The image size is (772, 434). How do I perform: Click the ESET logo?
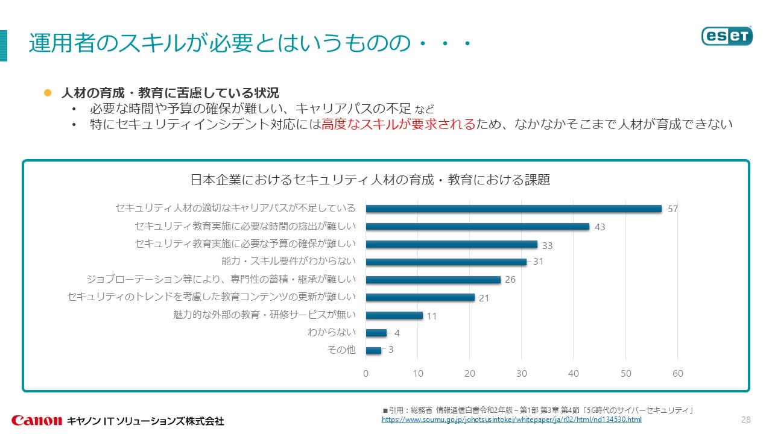click(727, 36)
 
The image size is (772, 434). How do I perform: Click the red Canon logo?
click(37, 420)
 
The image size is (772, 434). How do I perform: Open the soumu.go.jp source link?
click(511, 420)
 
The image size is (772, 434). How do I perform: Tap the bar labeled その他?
click(373, 350)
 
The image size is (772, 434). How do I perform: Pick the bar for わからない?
click(376, 332)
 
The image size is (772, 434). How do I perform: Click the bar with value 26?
click(433, 280)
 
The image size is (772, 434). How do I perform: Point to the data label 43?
click(600, 227)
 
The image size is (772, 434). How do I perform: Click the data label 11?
click(432, 315)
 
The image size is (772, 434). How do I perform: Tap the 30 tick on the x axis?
click(522, 374)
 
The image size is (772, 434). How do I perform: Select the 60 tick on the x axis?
click(678, 374)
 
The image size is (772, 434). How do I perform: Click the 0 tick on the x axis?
click(365, 374)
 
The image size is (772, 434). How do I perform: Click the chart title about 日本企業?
click(370, 180)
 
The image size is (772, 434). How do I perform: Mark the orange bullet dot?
click(48, 93)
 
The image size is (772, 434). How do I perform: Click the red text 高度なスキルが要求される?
click(399, 124)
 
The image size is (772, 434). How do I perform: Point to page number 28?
click(745, 420)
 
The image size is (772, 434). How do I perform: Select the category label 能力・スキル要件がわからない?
click(289, 262)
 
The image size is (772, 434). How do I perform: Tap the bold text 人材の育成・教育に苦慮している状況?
click(170, 93)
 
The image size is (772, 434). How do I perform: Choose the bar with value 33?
click(451, 244)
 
